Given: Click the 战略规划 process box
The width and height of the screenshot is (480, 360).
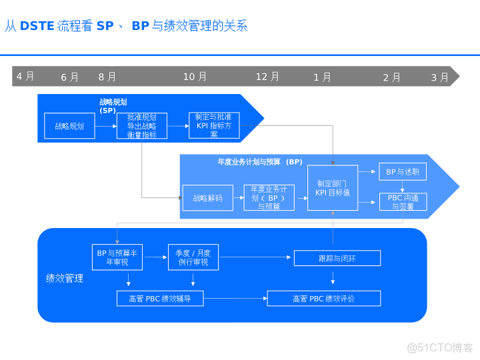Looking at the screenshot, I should point(69,126).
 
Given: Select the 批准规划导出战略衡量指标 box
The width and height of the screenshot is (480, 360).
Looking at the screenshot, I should point(141,126).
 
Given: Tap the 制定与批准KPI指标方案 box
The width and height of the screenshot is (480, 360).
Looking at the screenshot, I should point(213,125).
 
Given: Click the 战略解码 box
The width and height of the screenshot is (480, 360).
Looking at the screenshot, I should point(207,198).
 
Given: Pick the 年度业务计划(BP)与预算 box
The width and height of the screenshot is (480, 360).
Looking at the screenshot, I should point(269,198).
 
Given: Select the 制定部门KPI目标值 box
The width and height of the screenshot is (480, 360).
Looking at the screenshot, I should point(333,188).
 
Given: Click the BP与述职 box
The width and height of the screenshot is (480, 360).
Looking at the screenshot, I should point(403,171).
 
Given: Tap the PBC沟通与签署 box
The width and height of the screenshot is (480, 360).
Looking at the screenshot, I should point(403,202).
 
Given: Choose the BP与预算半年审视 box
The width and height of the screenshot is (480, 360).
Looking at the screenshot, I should point(117,257).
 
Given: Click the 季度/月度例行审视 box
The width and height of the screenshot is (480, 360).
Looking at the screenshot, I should point(193,257).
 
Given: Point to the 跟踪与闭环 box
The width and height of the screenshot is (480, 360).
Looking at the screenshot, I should point(337,258).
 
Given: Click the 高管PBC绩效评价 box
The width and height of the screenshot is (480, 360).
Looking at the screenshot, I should point(324,299).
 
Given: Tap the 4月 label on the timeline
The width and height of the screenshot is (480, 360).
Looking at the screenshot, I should point(25,77).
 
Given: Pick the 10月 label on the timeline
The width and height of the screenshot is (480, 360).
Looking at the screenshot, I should point(195,77).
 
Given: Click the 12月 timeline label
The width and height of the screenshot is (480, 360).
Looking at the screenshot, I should point(267,77).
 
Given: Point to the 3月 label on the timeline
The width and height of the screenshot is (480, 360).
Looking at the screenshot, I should point(439,77).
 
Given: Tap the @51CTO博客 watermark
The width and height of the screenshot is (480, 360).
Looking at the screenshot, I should point(440,347).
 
